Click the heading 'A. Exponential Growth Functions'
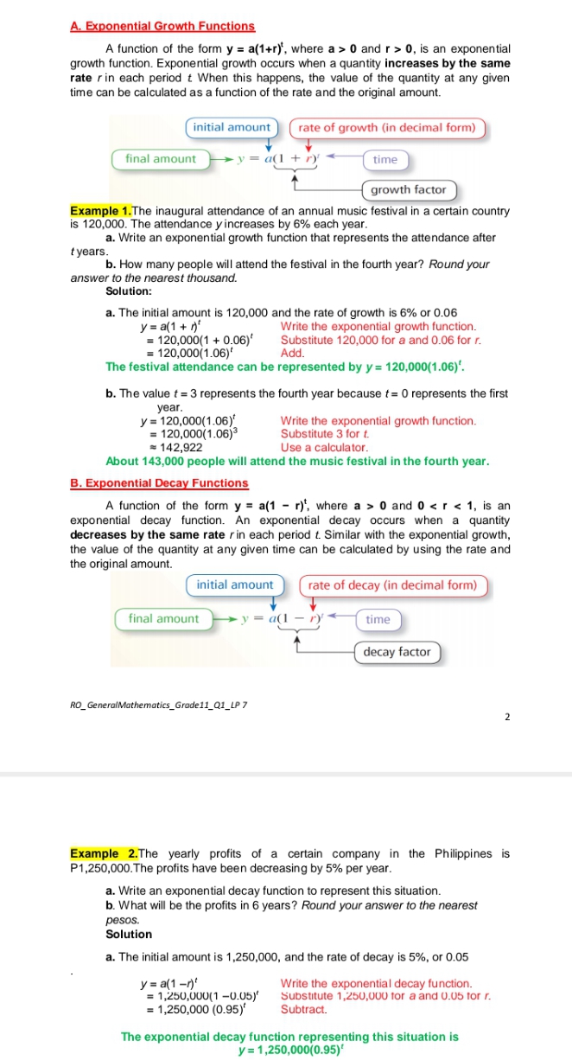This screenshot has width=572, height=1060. (x=162, y=27)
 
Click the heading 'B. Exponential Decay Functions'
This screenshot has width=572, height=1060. (x=159, y=483)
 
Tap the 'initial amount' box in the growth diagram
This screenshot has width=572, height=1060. (x=232, y=127)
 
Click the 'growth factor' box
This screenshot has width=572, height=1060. (x=409, y=189)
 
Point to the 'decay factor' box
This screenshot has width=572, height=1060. (x=397, y=652)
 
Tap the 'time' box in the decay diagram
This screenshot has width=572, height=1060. (x=378, y=620)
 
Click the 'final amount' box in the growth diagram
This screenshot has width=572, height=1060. (x=161, y=159)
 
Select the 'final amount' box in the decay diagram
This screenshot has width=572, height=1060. (x=163, y=619)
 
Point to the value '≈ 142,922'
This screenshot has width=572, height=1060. (x=177, y=448)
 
